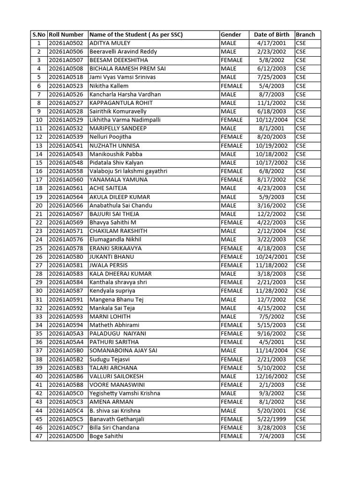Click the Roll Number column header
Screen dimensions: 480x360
66,35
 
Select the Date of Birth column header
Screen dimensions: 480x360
271,35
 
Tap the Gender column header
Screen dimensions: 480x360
231,35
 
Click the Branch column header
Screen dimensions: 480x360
305,35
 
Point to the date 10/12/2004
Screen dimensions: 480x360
271,120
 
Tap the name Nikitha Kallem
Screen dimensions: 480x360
109,86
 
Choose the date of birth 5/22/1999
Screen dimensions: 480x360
271,419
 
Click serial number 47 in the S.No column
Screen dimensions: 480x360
39,436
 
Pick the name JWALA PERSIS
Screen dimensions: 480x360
108,265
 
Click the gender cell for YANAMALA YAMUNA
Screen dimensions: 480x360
232,180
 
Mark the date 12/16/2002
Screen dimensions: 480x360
271,376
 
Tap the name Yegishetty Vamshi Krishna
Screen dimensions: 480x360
125,393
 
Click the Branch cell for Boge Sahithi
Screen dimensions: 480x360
300,436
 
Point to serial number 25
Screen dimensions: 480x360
39,248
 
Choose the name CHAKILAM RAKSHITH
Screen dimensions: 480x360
118,231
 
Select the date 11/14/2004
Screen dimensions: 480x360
271,351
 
